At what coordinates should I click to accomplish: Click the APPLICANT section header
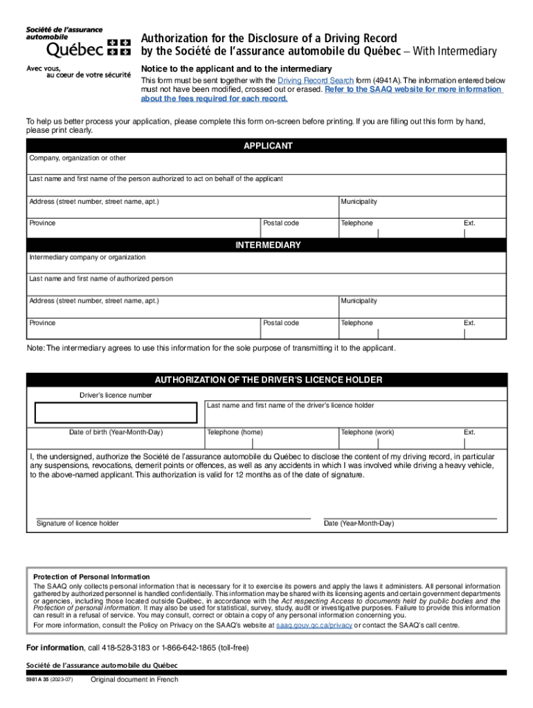point(268,147)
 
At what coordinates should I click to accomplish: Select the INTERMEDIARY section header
point(268,245)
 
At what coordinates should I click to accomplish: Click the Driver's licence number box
point(116,413)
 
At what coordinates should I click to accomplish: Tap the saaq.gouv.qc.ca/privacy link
point(314,625)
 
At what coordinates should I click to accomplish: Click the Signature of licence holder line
point(173,517)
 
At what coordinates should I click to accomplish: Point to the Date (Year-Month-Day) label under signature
point(359,523)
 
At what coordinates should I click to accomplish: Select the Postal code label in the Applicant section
point(281,223)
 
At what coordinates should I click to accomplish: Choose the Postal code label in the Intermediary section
point(281,323)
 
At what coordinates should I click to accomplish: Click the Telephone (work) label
point(367,432)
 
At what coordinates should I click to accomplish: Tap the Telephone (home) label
point(235,432)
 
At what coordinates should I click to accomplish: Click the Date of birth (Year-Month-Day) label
point(116,432)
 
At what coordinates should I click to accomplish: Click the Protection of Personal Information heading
point(91,577)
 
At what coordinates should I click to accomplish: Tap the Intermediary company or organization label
point(87,257)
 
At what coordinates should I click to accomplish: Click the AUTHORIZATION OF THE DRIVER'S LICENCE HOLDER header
point(268,380)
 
